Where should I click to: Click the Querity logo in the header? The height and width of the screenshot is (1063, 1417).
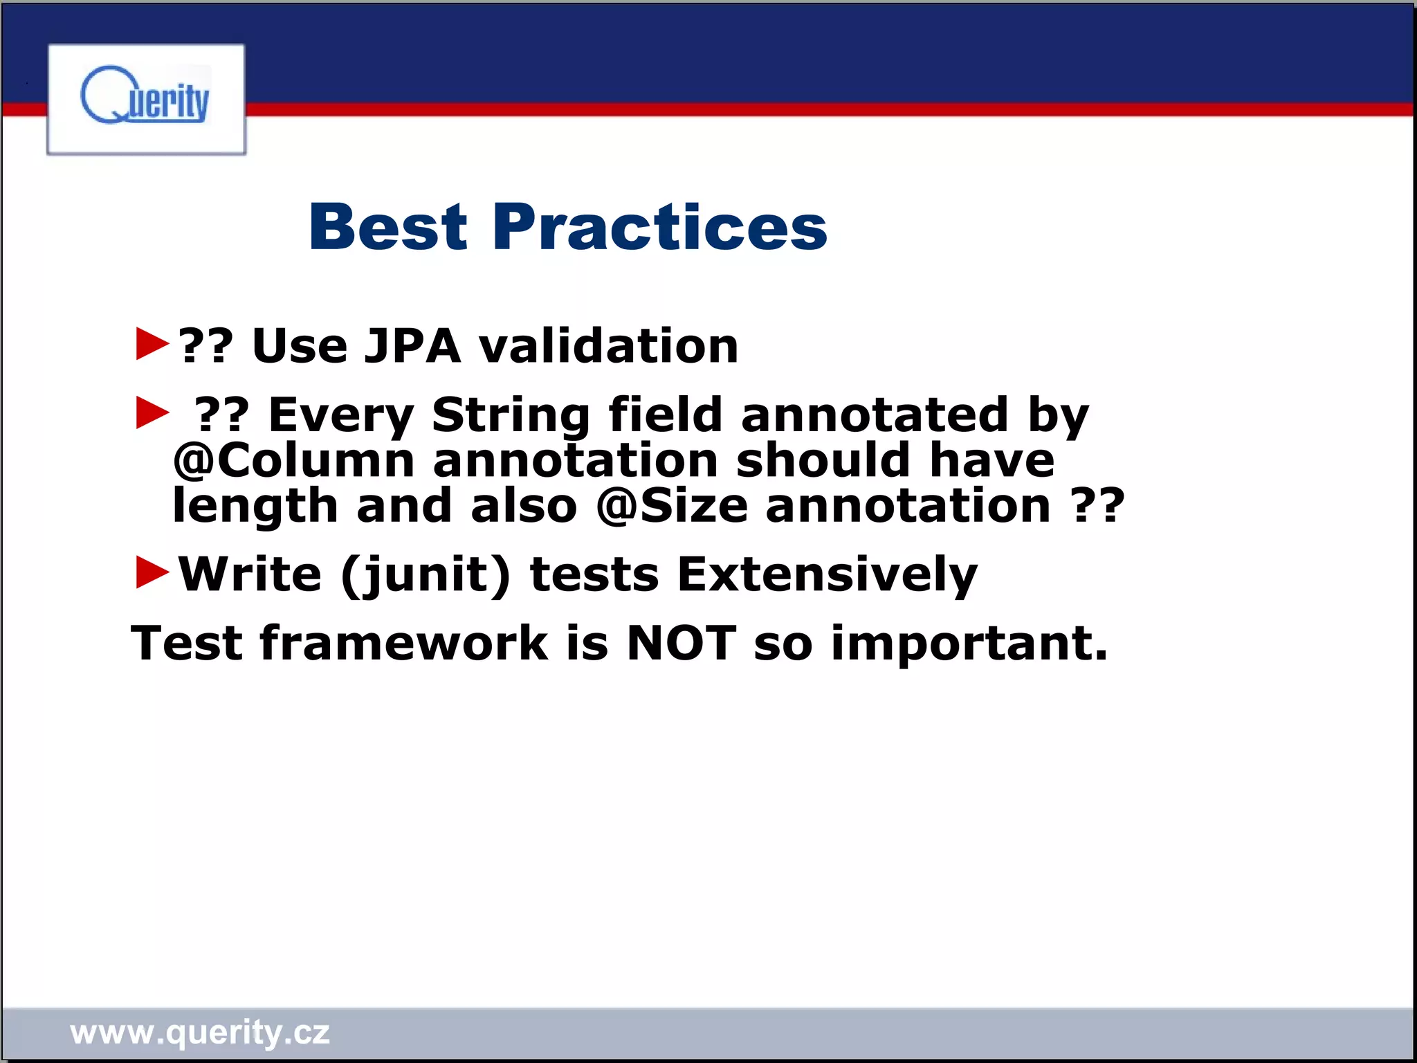tap(145, 98)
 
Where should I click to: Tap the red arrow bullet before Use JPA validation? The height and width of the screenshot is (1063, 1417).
tap(152, 344)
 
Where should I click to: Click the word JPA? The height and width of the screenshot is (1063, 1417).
tap(412, 345)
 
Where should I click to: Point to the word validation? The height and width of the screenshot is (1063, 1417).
tap(608, 345)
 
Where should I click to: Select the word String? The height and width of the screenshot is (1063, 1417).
tap(511, 415)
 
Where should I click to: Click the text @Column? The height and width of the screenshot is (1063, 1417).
tap(293, 461)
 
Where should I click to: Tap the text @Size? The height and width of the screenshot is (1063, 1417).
tap(672, 506)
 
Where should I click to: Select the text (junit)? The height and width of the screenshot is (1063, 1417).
tap(426, 575)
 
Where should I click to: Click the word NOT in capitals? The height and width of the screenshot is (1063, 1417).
tap(681, 643)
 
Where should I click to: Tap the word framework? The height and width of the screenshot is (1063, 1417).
tap(403, 643)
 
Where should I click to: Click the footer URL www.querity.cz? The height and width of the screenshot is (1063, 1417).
tap(200, 1032)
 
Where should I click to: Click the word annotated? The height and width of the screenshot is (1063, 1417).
tap(874, 415)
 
